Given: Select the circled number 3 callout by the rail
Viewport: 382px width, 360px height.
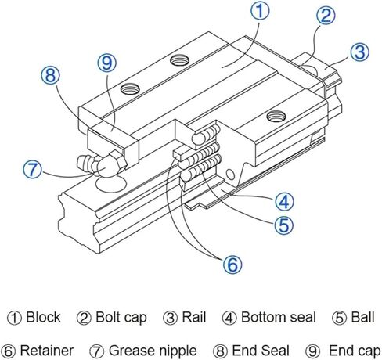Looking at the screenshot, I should pos(359,53).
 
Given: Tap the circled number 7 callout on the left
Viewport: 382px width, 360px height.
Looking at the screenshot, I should pos(33,169).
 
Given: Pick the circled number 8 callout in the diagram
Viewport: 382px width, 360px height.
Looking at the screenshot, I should pos(51,77).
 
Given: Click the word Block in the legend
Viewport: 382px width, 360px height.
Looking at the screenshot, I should pos(43,318).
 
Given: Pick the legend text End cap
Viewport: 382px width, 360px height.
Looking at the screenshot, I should pos(342,351).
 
